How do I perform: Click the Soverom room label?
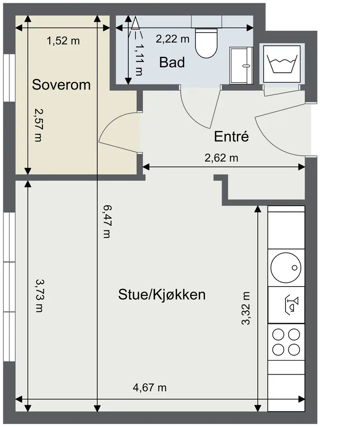(61, 84)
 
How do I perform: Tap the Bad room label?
(172, 62)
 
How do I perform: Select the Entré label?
(231, 136)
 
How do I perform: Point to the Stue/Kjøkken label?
(162, 295)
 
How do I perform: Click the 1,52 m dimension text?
(63, 41)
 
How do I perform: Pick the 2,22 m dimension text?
(173, 39)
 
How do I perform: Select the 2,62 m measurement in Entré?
(221, 158)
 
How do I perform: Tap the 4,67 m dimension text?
(150, 387)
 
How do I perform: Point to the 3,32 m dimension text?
(246, 308)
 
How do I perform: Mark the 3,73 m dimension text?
(39, 296)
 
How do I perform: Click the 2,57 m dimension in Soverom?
(39, 125)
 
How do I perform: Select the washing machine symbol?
(282, 64)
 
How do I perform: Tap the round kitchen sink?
(286, 267)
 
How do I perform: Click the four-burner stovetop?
(286, 342)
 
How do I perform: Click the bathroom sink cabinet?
(241, 66)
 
